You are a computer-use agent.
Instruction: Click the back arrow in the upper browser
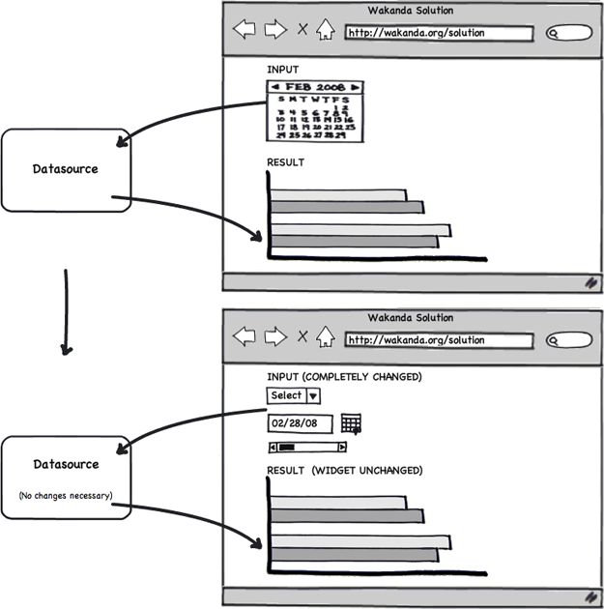click(244, 30)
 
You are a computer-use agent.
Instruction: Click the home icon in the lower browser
click(326, 337)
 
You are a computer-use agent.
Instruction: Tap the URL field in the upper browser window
click(439, 33)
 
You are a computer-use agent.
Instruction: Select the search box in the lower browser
click(568, 340)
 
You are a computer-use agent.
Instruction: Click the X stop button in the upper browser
click(302, 30)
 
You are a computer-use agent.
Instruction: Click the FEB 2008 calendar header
click(315, 87)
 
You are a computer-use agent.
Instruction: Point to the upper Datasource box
click(65, 169)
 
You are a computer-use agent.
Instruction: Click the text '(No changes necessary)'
click(65, 496)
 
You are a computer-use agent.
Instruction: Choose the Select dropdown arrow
click(314, 395)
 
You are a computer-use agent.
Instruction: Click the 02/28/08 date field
click(300, 423)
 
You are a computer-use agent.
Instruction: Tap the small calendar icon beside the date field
click(351, 423)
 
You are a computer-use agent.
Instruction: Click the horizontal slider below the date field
click(307, 447)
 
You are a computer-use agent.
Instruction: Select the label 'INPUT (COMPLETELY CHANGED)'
click(344, 376)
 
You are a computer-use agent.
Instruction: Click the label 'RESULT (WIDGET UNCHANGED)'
click(344, 471)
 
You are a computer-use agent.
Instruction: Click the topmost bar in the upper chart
click(338, 195)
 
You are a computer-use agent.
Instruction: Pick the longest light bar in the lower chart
click(360, 540)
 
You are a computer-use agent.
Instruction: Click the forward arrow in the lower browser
click(275, 337)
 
